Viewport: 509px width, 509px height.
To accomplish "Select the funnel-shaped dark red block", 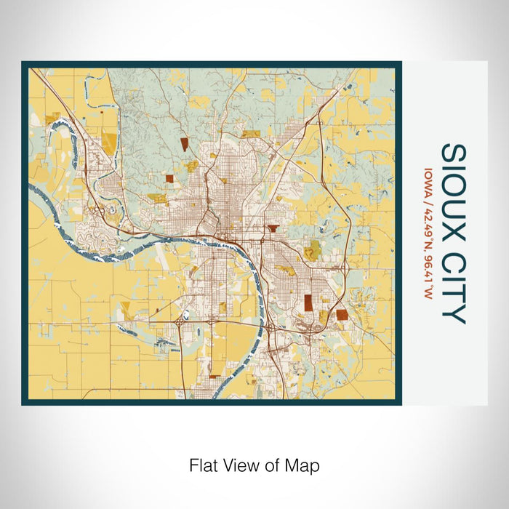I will pyautogui.click(x=273, y=228).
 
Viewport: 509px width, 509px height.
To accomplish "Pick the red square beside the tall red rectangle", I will pyautogui.click(x=342, y=314).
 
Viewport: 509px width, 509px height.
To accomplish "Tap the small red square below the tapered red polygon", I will pyautogui.click(x=169, y=177).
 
